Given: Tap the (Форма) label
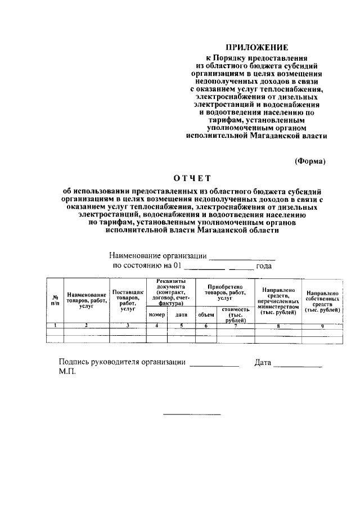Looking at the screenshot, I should pos(310,161).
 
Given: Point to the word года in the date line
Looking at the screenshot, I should pos(264,265).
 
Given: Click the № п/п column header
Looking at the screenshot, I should pos(55,300).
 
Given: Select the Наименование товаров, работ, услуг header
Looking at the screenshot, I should pos(87,300).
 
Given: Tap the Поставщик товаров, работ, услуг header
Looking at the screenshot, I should pos(128,300).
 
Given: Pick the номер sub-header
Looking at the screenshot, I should pos(156,315).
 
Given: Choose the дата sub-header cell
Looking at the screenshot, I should pos(181,315).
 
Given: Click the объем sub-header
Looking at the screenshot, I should pos(206,315).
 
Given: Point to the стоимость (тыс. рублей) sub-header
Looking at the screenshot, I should pos(236,315).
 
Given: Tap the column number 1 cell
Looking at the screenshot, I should pos(55,326).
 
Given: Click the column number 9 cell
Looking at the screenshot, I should pos(322,326).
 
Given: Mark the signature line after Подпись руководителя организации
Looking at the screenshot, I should pos(214,366).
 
